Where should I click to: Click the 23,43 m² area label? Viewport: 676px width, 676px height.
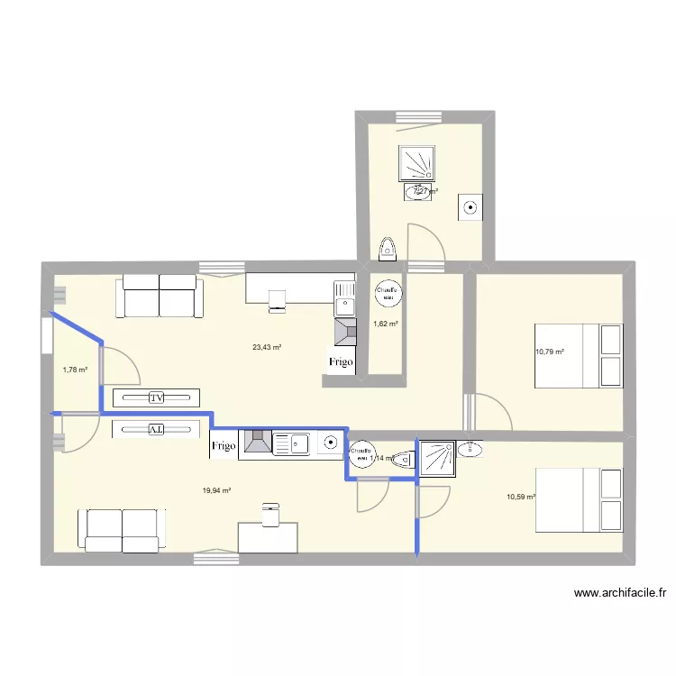tap(267, 347)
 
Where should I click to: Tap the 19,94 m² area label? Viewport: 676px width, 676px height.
tap(217, 490)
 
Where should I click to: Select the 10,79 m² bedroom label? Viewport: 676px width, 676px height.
tap(549, 352)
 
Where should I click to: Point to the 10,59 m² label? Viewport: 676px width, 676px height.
tap(521, 497)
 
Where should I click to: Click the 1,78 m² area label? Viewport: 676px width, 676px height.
tap(76, 369)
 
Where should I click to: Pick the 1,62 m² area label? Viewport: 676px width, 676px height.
tap(386, 323)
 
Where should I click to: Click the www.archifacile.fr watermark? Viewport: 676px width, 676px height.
tap(620, 593)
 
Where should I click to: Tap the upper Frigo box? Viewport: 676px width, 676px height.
tap(341, 362)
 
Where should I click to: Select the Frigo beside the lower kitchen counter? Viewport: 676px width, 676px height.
tap(224, 445)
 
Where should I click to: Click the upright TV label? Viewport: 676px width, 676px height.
tap(156, 397)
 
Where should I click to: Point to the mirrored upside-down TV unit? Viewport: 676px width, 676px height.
tap(156, 429)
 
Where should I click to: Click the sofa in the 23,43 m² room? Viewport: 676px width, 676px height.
tap(159, 296)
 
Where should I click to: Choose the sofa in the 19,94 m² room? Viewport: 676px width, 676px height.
tap(121, 530)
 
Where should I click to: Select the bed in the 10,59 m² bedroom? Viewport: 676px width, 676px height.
tap(580, 498)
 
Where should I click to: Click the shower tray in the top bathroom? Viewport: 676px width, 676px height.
tap(418, 165)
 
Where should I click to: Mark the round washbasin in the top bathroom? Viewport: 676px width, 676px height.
tap(470, 208)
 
